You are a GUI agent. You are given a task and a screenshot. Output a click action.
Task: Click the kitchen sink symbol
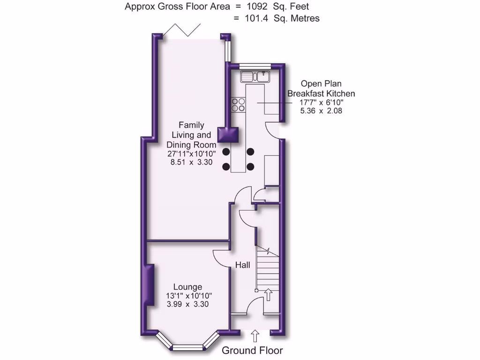pos(254,76)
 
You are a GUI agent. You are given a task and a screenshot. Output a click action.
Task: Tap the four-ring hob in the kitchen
pos(238,105)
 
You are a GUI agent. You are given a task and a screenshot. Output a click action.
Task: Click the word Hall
pos(242,265)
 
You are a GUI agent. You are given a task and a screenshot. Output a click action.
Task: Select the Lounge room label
pos(187,287)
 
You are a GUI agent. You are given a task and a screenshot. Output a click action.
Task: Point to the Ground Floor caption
pos(252,351)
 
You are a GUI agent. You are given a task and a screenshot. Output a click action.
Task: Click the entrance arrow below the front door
pos(255,336)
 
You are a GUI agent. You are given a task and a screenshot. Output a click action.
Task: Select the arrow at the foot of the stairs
pos(268,294)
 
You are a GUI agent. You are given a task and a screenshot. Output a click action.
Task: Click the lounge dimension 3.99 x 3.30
pos(187,304)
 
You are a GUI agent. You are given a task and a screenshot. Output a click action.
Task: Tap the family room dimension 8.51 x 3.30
pos(191,162)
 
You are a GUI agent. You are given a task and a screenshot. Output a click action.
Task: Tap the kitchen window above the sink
pos(255,66)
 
